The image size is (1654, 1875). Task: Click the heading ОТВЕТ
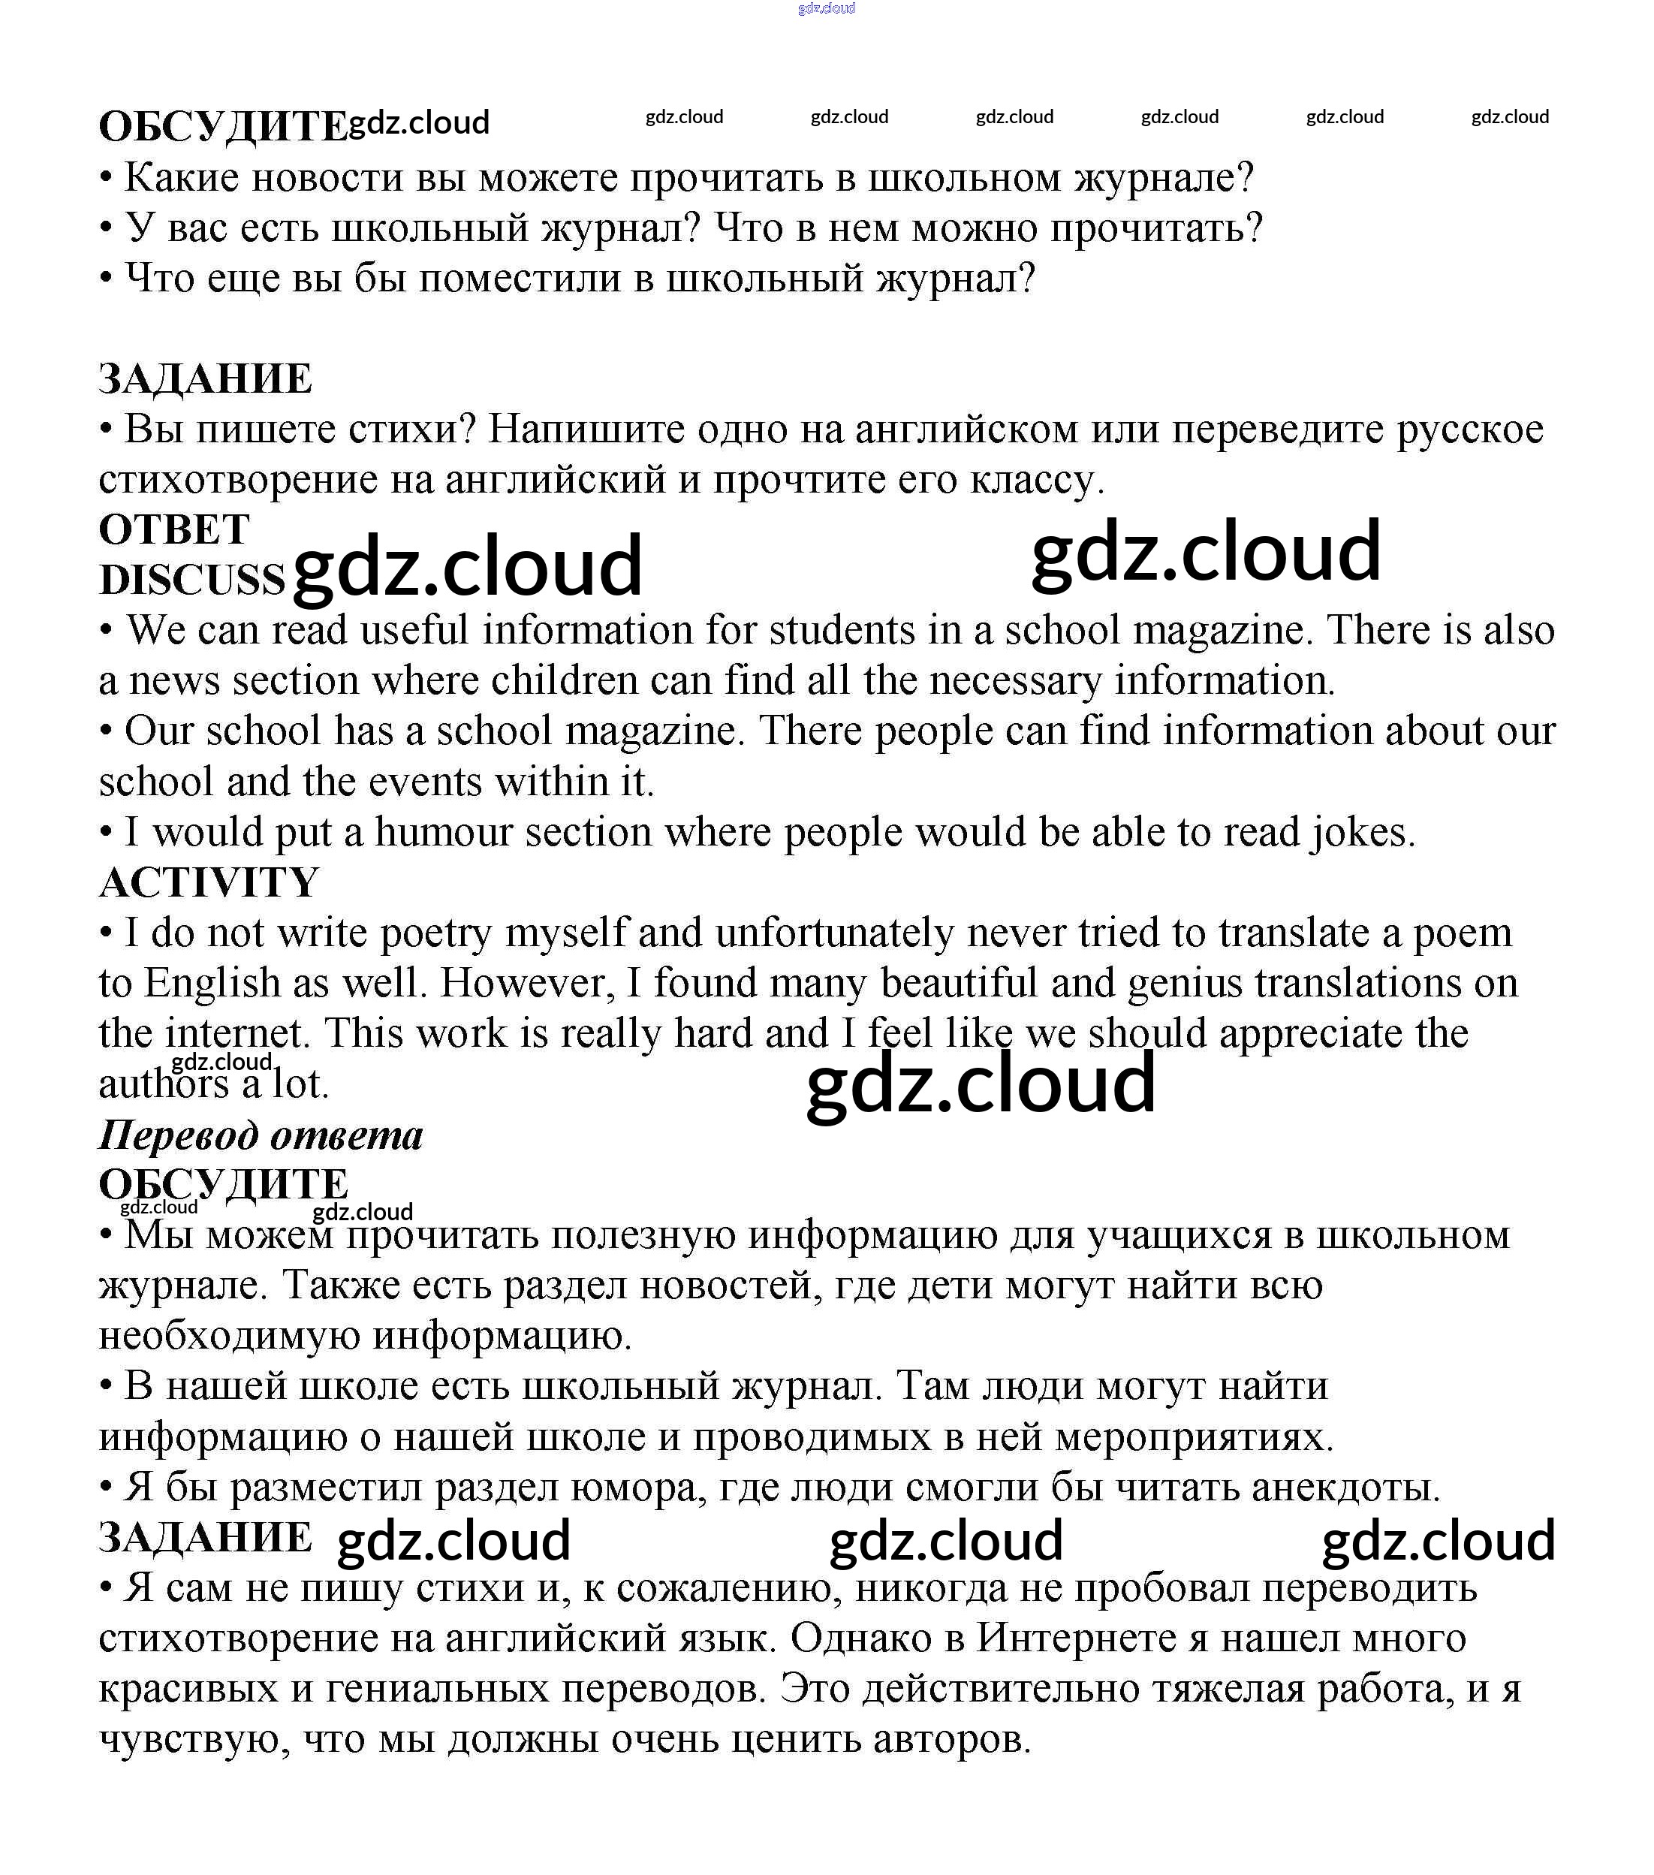tap(173, 529)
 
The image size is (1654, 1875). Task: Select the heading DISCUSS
tap(191, 580)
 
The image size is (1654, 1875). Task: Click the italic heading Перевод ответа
tap(261, 1135)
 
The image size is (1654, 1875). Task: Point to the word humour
tap(444, 832)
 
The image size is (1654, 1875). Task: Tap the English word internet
tap(234, 1034)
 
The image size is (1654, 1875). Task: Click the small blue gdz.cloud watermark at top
tap(827, 8)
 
